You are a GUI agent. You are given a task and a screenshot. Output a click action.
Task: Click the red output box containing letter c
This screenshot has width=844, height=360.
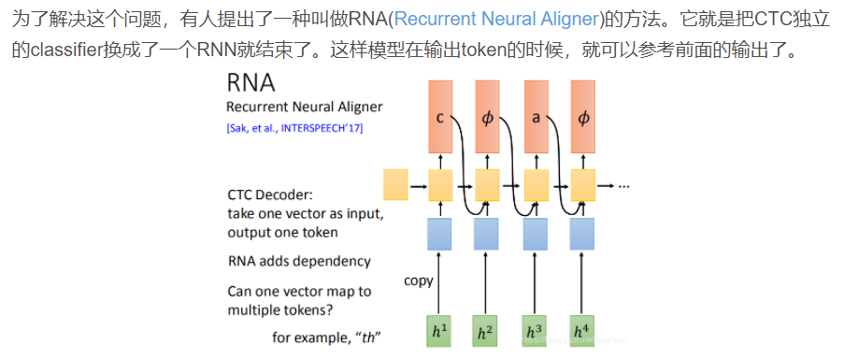point(439,118)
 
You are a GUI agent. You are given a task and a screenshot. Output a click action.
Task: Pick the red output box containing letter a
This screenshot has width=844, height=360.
point(535,118)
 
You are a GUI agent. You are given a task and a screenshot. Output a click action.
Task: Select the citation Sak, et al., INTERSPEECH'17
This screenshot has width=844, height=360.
point(294,128)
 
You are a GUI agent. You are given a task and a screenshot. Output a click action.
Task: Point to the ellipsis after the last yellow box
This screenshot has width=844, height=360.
point(623,186)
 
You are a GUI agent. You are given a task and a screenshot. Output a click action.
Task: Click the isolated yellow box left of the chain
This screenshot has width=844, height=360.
point(396,185)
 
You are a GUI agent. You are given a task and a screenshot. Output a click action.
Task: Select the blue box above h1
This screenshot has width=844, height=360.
point(439,234)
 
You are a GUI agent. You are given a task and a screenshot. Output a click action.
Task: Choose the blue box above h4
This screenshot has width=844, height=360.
point(582,234)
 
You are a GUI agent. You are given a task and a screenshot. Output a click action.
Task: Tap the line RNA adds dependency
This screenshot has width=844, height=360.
point(299,261)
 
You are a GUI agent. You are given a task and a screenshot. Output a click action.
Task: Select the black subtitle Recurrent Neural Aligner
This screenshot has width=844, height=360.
point(304,108)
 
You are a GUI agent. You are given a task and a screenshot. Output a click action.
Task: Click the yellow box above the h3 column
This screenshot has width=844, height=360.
point(535,185)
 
